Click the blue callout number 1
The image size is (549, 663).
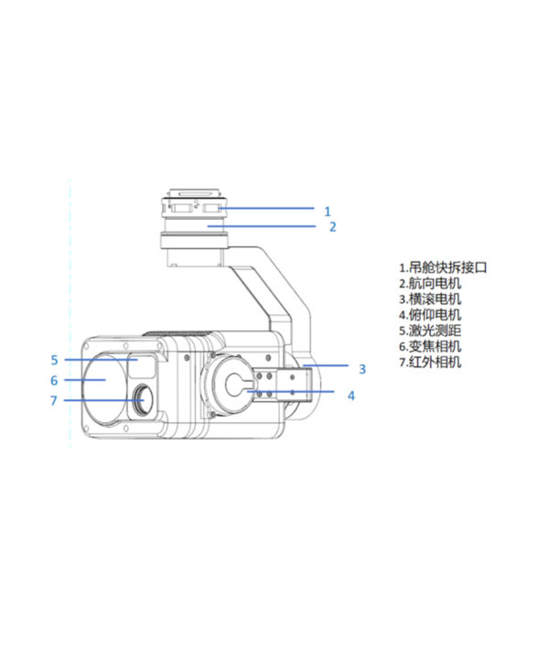[x=328, y=211]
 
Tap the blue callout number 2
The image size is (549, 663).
[x=333, y=227]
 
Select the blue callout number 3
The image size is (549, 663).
[x=362, y=369]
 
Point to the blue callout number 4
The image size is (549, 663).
[x=351, y=396]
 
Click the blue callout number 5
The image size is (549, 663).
[x=54, y=360]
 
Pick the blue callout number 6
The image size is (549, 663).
[x=54, y=381]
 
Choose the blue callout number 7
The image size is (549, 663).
[x=54, y=400]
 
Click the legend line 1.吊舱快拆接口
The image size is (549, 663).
[x=443, y=267]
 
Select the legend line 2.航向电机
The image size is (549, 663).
[x=430, y=283]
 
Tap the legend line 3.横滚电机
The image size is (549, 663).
[x=430, y=299]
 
